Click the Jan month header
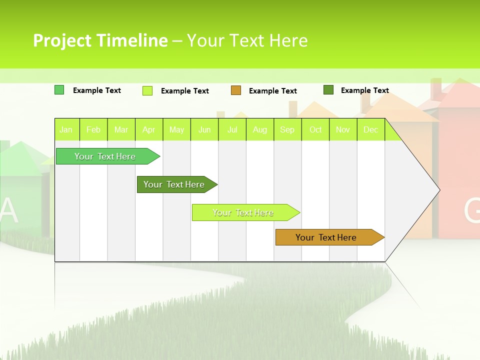click(x=66, y=130)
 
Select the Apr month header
click(x=148, y=130)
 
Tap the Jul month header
click(x=232, y=130)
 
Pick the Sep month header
click(x=287, y=130)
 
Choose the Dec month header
click(x=370, y=130)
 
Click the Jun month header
click(x=204, y=130)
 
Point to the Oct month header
click(x=315, y=130)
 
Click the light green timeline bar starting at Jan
click(x=105, y=156)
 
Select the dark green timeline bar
click(x=174, y=184)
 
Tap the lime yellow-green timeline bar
click(x=243, y=212)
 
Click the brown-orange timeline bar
click(x=326, y=237)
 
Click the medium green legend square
click(x=59, y=90)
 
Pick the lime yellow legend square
click(x=147, y=90)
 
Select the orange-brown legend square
click(x=236, y=90)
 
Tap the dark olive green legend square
click(x=328, y=90)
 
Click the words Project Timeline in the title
click(x=100, y=40)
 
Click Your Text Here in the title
click(x=247, y=40)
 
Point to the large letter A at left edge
click(x=8, y=211)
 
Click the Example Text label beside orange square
click(x=272, y=91)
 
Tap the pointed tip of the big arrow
click(x=438, y=190)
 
